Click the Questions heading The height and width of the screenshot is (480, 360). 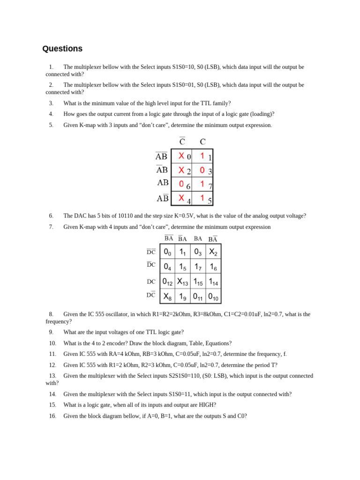click(x=62, y=49)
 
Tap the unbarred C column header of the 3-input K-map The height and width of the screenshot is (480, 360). click(x=202, y=142)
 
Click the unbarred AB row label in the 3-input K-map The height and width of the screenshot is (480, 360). click(x=163, y=183)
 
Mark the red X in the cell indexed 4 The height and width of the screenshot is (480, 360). click(x=181, y=198)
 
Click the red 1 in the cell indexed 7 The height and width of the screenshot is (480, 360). click(x=202, y=184)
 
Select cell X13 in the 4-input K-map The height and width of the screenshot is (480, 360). click(x=182, y=282)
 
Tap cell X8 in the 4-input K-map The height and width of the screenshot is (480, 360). click(x=167, y=296)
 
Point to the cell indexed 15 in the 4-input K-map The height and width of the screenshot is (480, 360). click(x=198, y=282)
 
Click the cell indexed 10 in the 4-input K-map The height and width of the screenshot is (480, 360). click(x=213, y=296)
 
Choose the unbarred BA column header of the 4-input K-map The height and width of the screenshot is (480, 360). click(x=198, y=239)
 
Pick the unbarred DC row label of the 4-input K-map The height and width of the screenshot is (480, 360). click(x=151, y=282)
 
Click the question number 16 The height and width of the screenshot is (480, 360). click(x=52, y=416)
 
